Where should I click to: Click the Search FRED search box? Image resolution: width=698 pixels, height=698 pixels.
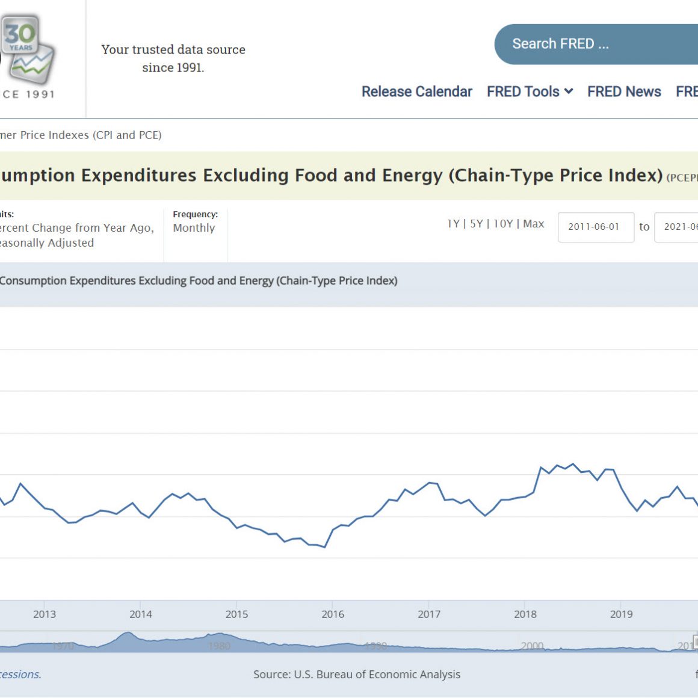pos(596,44)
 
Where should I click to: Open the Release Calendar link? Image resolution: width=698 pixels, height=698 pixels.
pos(416,91)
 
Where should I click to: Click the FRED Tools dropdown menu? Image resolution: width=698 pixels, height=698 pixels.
pos(530,91)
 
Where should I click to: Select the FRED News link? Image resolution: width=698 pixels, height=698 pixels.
pos(624,91)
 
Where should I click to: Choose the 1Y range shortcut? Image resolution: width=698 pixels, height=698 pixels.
pos(453,224)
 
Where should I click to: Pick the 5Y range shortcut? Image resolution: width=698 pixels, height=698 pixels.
pos(476,224)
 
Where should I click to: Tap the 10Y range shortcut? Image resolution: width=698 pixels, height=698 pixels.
pos(503,224)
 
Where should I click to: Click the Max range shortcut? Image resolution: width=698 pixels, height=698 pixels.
pos(533,224)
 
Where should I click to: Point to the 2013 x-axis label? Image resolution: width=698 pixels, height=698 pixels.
pos(45,614)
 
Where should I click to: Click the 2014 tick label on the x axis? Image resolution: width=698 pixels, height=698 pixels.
pos(141,614)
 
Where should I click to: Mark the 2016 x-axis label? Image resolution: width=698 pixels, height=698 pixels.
pos(333,614)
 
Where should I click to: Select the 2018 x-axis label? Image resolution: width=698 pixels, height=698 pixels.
pos(525,614)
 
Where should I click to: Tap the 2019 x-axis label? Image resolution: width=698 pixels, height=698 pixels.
pos(622,614)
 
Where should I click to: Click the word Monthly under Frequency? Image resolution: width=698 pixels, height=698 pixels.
pos(194,228)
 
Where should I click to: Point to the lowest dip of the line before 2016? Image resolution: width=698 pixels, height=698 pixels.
pos(325,547)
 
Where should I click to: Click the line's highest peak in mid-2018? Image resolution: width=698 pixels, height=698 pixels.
pos(573,464)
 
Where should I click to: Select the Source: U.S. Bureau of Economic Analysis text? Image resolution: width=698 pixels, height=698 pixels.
pos(357,675)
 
